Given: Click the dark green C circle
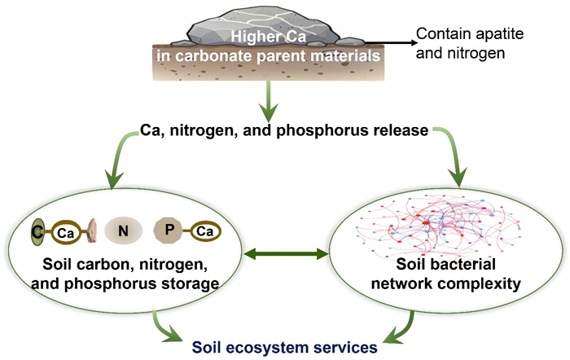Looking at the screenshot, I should point(37,232).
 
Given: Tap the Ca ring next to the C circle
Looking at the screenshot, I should point(65,233).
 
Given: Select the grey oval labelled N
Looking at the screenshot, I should point(122,232).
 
